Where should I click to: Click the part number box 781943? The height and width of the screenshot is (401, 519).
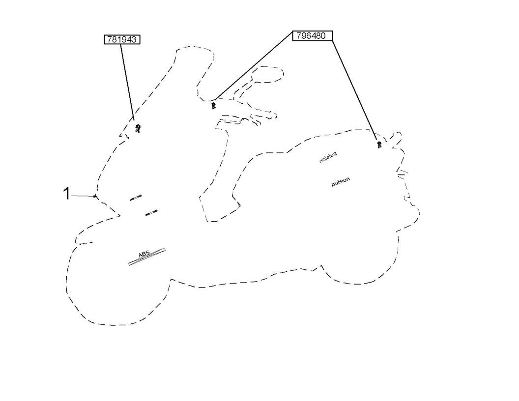pyautogui.click(x=121, y=39)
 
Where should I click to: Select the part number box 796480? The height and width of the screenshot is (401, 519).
pyautogui.click(x=313, y=35)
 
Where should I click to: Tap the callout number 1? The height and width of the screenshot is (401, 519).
pyautogui.click(x=66, y=194)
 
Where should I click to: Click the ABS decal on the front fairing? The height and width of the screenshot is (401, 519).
pyautogui.click(x=146, y=256)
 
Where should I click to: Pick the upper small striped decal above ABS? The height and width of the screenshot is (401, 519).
pyautogui.click(x=136, y=198)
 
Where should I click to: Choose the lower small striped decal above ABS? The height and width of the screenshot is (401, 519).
pyautogui.click(x=151, y=212)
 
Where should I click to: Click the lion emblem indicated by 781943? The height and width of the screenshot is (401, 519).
pyautogui.click(x=138, y=129)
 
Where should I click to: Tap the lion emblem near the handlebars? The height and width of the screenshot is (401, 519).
pyautogui.click(x=214, y=106)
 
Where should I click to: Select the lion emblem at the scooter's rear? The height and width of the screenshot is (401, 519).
pyautogui.click(x=379, y=144)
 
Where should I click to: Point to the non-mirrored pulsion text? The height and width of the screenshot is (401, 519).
pyautogui.click(x=341, y=181)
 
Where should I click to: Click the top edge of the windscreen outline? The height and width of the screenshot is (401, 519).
pyautogui.click(x=195, y=48)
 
